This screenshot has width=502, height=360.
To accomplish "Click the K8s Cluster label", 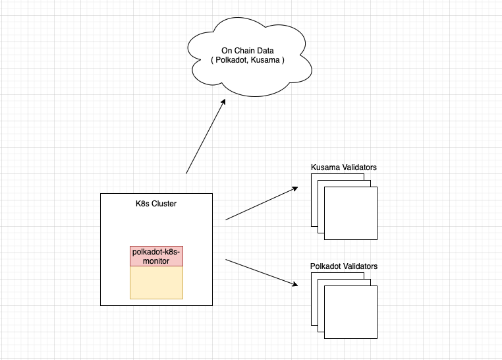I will pyautogui.click(x=155, y=203).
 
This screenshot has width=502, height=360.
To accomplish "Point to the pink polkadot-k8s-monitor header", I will pyautogui.click(x=156, y=256).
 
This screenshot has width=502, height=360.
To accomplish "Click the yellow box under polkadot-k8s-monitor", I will pyautogui.click(x=156, y=282).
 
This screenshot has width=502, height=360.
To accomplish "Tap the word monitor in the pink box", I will pyautogui.click(x=156, y=261).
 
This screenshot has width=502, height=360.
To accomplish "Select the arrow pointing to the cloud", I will pyautogui.click(x=205, y=136).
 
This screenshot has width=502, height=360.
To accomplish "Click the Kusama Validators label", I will pyautogui.click(x=343, y=167).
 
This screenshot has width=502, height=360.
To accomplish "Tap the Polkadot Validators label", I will pyautogui.click(x=343, y=266).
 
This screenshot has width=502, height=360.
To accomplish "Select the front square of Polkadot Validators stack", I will pyautogui.click(x=351, y=312).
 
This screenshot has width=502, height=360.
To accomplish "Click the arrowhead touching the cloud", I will pyautogui.click(x=224, y=102).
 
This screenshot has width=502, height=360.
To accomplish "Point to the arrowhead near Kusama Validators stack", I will pyautogui.click(x=295, y=189).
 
